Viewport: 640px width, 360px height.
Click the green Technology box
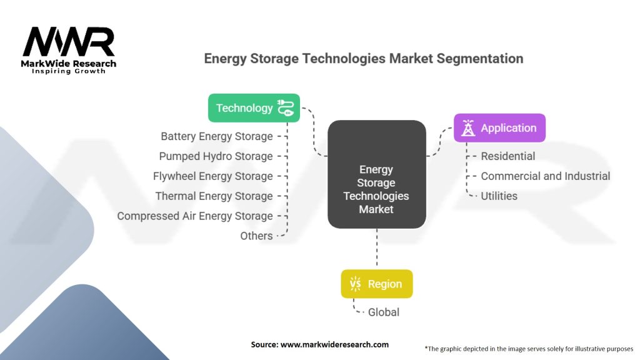click(254, 108)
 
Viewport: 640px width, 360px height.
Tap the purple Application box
click(499, 128)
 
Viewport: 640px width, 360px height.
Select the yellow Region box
click(376, 284)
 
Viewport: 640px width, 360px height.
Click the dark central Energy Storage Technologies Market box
click(376, 174)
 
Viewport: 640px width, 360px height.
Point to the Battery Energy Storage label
click(216, 136)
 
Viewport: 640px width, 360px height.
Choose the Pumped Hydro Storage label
click(216, 156)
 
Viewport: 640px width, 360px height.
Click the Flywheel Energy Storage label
click(212, 176)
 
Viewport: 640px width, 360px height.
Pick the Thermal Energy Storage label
click(214, 196)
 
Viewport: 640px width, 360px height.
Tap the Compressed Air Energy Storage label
click(194, 216)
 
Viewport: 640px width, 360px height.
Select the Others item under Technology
click(256, 236)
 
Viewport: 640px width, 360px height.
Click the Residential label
click(507, 156)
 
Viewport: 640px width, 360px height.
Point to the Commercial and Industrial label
click(545, 176)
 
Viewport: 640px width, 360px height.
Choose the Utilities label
click(499, 196)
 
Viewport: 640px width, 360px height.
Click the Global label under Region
click(384, 312)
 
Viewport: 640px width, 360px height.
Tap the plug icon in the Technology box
click(286, 108)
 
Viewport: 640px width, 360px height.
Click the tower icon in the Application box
click(467, 128)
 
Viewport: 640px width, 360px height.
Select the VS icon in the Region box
click(355, 284)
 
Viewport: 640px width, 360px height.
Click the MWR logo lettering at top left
click(69, 42)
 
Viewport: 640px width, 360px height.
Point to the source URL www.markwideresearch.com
click(336, 344)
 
